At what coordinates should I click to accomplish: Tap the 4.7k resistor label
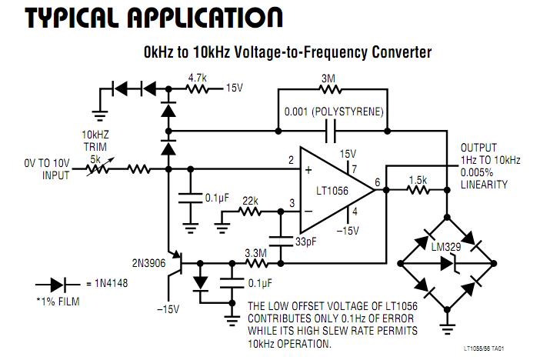point(198,77)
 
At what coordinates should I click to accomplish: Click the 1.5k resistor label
point(418,179)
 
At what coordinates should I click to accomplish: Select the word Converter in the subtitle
point(395,52)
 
